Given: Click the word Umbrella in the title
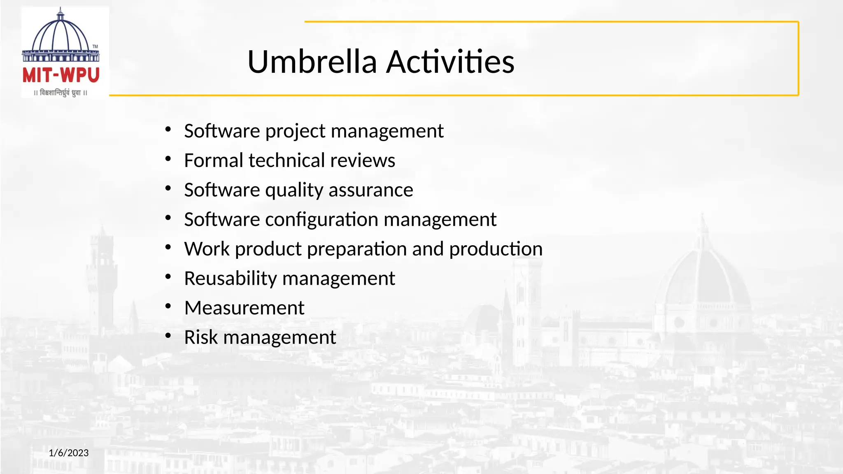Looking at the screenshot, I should pos(312,62).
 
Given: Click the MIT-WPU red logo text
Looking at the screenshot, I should pos(61,75).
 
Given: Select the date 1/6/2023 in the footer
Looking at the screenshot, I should pos(69,453).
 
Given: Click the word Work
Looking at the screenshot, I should pos(207,249).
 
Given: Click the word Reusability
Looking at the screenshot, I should pos(230,279).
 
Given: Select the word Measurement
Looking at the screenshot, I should pos(244,308).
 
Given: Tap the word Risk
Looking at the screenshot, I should pos(201,337).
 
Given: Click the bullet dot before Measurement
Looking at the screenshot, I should pos(168,307).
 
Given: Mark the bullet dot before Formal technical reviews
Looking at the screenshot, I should pos(168,159).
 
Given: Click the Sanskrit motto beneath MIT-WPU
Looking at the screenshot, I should pos(61,93).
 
